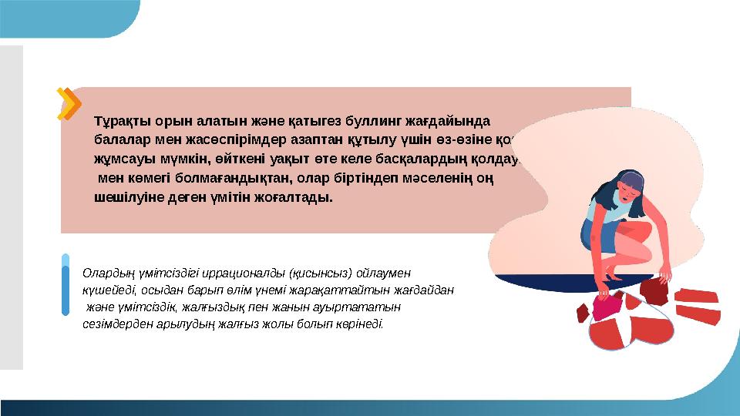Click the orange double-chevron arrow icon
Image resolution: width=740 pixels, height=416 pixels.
(70, 104)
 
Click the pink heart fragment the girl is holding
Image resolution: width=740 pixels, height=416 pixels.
(611, 304)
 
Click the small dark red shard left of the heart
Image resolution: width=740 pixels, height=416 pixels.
(583, 313)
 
